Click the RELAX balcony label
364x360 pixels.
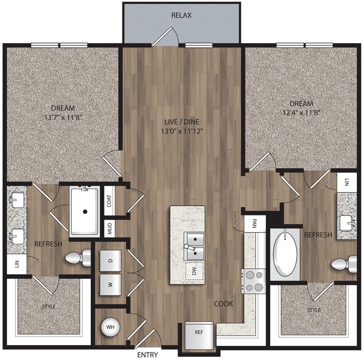(x=182, y=15)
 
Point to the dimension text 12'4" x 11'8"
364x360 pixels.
(x=301, y=112)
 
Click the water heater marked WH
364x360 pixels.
(x=110, y=327)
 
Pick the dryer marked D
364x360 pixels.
(x=110, y=260)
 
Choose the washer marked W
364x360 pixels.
(x=110, y=285)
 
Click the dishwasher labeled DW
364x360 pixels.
(x=194, y=270)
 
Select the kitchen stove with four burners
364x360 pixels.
(x=254, y=282)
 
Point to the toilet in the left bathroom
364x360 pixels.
(x=78, y=258)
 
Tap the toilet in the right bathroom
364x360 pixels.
(x=346, y=264)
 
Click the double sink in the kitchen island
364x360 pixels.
(x=194, y=246)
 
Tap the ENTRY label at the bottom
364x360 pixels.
(x=147, y=354)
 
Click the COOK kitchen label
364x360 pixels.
(x=224, y=304)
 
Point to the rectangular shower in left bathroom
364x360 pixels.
(x=85, y=211)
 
